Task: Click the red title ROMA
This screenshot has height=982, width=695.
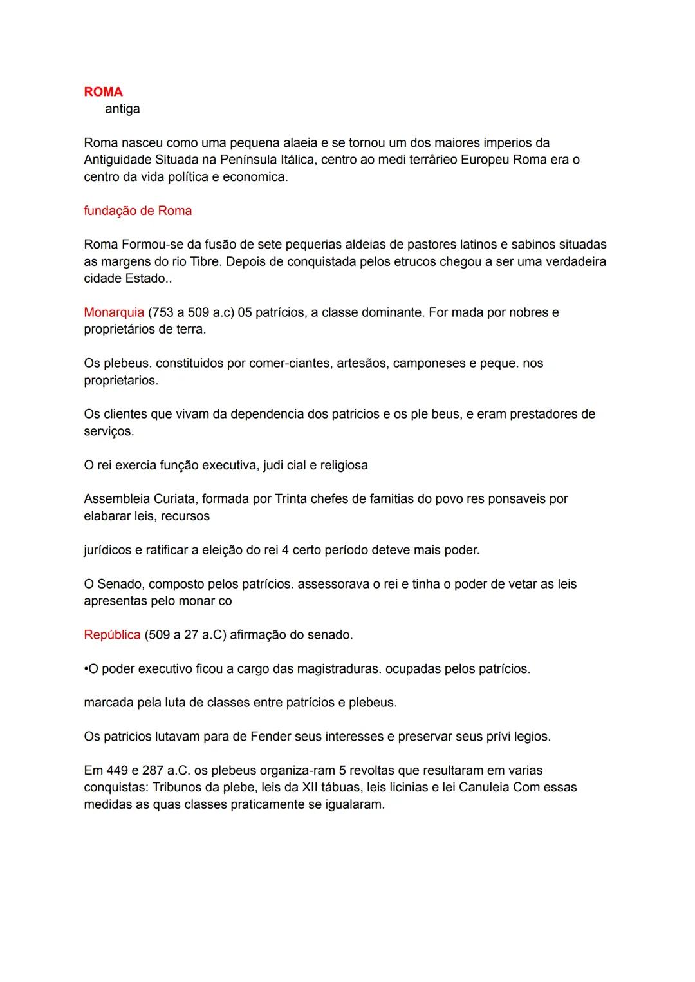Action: pyautogui.click(x=103, y=92)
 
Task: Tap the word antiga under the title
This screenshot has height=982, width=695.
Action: pyautogui.click(x=122, y=109)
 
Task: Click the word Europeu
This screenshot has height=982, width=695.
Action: pyautogui.click(x=485, y=160)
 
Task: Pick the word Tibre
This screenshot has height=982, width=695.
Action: pyautogui.click(x=205, y=262)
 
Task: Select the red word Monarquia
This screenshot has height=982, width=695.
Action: pyautogui.click(x=114, y=313)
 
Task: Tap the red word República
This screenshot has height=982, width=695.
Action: pyautogui.click(x=112, y=635)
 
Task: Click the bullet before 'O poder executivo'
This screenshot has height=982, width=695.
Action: pyautogui.click(x=86, y=669)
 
